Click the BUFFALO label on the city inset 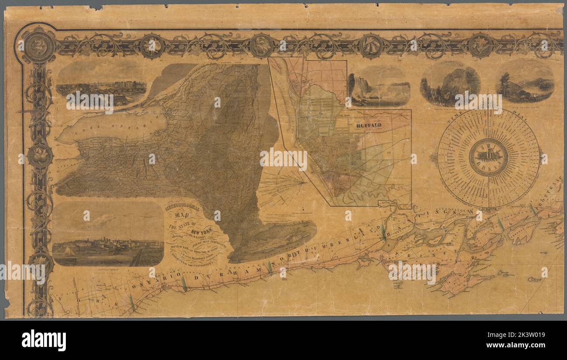[369, 125]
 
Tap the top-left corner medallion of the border [39, 45]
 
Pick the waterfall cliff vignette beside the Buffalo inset [379, 86]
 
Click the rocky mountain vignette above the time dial [450, 83]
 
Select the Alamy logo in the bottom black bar [44, 340]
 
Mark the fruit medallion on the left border [40, 155]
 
